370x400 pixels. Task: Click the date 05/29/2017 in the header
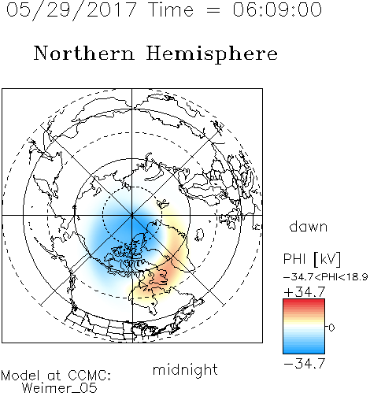pos(72,10)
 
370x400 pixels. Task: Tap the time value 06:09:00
pos(277,9)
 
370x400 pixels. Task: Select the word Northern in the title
pos(84,53)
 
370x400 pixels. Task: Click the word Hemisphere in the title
pos(212,54)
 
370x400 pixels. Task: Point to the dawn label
pos(309,226)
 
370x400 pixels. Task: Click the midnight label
pos(185,369)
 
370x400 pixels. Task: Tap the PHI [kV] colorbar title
pos(312,259)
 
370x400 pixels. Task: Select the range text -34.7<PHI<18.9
pos(326,277)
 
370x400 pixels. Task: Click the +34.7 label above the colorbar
pos(305,292)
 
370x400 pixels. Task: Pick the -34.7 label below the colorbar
pos(305,364)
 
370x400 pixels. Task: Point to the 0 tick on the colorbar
pos(331,328)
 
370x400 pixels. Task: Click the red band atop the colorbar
pos(304,302)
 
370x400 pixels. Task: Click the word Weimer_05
pos(60,388)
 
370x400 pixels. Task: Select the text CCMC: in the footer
pos(90,376)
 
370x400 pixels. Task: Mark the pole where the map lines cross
pos(132,216)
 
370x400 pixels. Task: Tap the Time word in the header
pos(171,9)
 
